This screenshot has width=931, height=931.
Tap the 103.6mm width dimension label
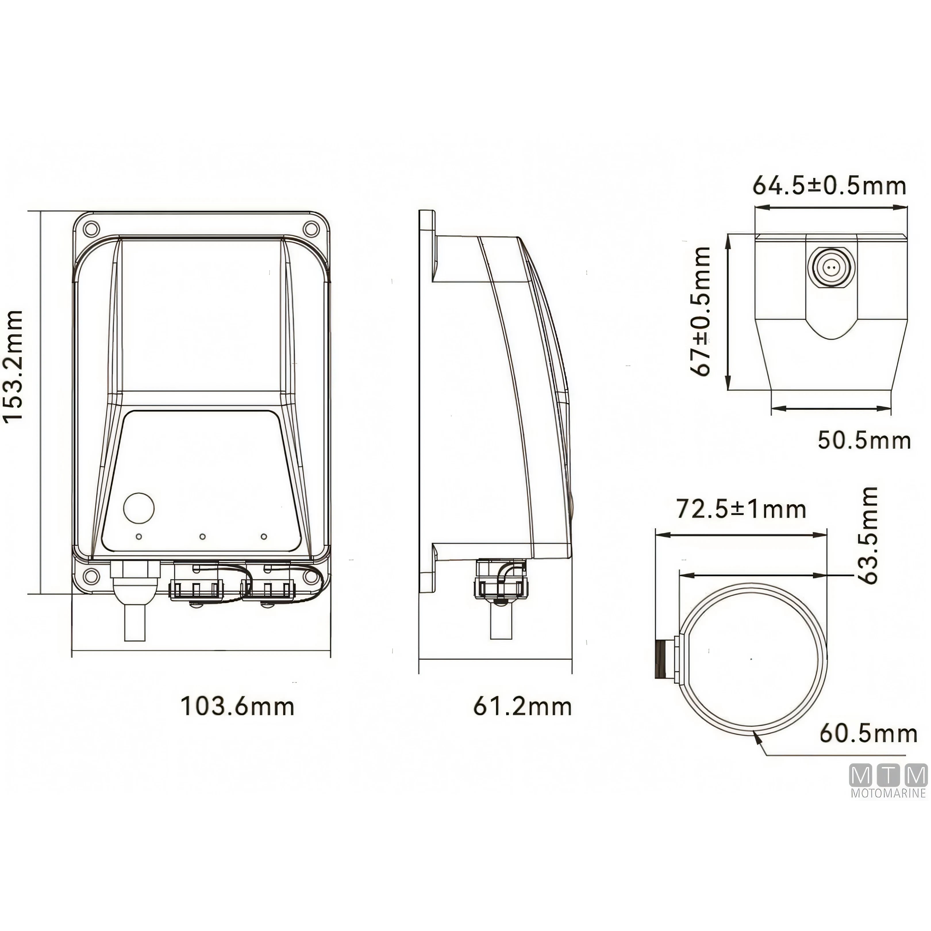pyautogui.click(x=237, y=707)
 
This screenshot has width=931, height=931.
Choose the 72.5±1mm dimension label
pyautogui.click(x=741, y=509)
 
